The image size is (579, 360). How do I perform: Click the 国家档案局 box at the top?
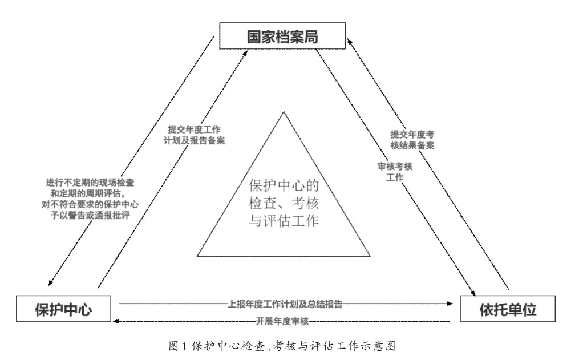click(282, 38)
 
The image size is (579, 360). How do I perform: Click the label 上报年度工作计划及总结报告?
click(285, 304)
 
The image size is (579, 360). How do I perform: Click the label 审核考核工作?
click(395, 172)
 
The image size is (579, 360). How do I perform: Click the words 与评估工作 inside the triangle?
click(283, 220)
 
